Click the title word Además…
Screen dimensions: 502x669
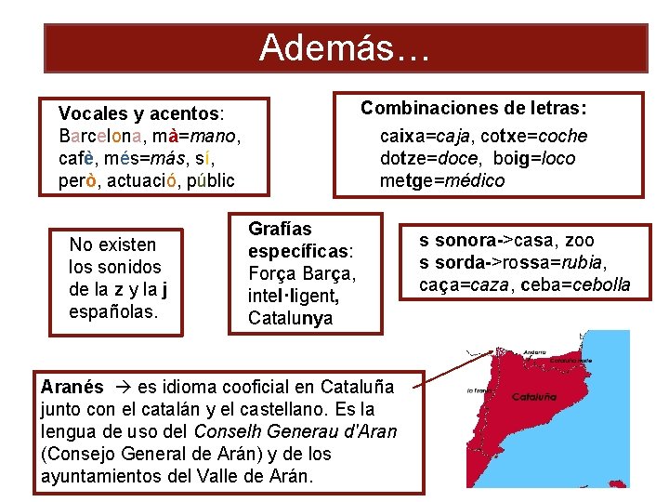345,47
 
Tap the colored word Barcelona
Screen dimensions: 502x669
102,136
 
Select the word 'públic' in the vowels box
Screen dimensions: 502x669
211,179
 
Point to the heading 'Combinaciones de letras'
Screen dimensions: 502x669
479,108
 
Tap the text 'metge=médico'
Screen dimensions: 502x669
442,180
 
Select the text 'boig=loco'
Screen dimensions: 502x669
534,158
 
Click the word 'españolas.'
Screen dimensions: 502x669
114,311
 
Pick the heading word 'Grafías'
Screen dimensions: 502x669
280,229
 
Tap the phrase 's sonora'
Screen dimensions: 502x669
454,240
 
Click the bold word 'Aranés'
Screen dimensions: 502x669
72,386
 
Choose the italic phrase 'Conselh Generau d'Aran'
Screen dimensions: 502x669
295,431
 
